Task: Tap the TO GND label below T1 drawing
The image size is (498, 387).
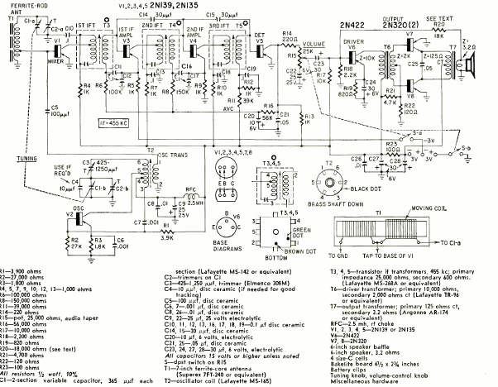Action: point(341,241)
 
